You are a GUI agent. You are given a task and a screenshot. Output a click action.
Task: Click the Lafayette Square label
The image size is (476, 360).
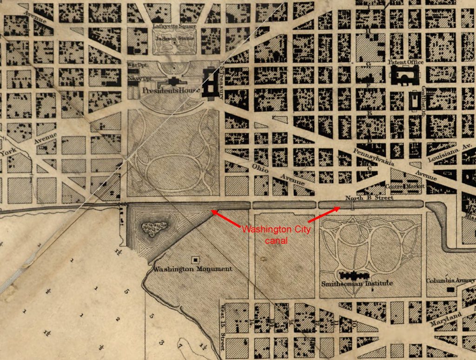pyautogui.click(x=174, y=27)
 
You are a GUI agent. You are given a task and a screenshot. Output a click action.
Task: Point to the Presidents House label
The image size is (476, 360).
pyautogui.click(x=172, y=90)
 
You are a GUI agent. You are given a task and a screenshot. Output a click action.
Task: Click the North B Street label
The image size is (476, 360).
pyautogui.click(x=369, y=198)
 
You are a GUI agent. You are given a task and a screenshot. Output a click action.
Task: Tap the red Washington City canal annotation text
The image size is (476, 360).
pyautogui.click(x=276, y=235)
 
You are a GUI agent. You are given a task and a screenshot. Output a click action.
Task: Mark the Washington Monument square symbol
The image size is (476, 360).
pyautogui.click(x=195, y=259)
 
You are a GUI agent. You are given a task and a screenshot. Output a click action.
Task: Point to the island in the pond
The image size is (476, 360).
pyautogui.click(x=154, y=228)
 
